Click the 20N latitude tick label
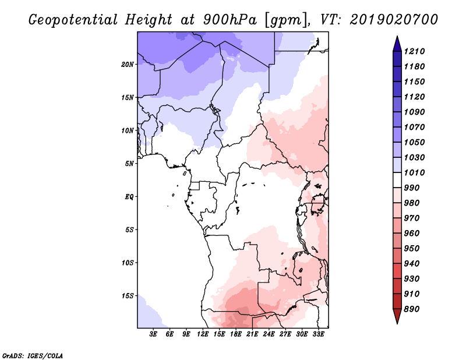(x=128, y=64)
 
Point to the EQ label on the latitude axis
(x=129, y=196)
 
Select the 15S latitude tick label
(x=128, y=296)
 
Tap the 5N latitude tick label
(x=129, y=164)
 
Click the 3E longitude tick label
(x=153, y=334)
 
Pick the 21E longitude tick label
(x=252, y=334)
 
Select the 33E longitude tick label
(x=318, y=334)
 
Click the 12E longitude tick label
(x=202, y=334)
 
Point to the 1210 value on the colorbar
(x=414, y=51)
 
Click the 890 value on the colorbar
(x=412, y=309)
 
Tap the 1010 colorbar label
(x=414, y=172)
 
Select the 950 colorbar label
(x=412, y=249)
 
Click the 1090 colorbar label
(x=414, y=112)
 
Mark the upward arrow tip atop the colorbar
(x=397, y=36)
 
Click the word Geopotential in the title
(x=73, y=20)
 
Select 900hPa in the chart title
(x=230, y=20)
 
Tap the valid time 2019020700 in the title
(x=394, y=19)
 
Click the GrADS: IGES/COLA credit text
(x=33, y=356)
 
